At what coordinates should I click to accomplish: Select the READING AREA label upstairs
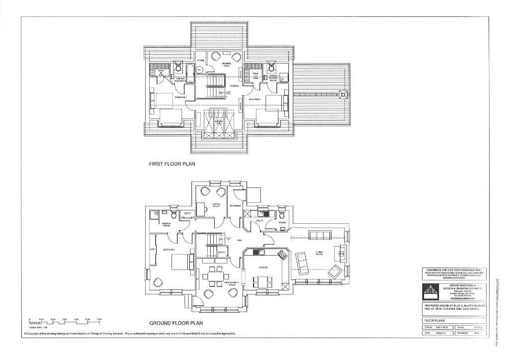tap(227, 65)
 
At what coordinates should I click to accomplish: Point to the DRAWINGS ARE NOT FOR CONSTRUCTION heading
tap(453, 270)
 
